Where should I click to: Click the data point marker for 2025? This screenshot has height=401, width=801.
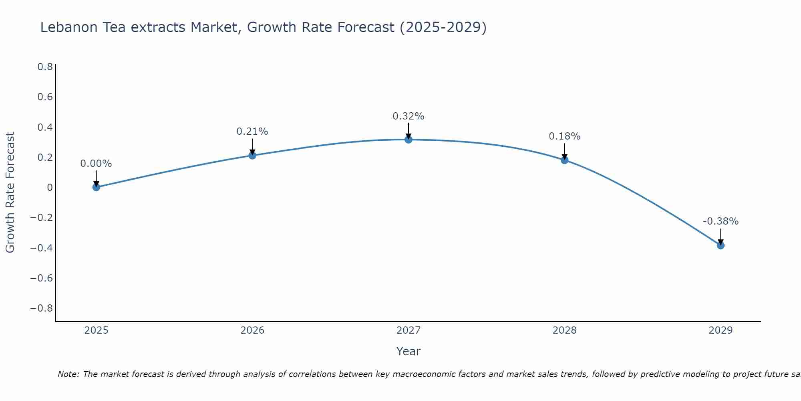[x=96, y=187]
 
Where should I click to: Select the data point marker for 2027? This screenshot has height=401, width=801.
[x=409, y=140]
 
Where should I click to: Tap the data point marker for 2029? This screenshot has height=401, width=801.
[x=720, y=245]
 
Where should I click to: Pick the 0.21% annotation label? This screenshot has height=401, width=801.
[x=252, y=132]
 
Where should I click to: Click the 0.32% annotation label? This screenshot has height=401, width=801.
[x=408, y=116]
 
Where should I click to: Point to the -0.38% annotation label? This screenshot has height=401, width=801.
[x=720, y=221]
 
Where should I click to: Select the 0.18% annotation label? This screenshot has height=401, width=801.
[x=564, y=136]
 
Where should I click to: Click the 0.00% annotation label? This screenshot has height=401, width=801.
[x=96, y=164]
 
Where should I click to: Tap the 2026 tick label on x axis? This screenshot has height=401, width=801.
[x=252, y=330]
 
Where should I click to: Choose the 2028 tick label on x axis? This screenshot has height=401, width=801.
[x=564, y=330]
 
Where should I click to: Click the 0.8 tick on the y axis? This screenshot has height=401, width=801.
[x=45, y=67]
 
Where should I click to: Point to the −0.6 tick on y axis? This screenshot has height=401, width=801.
[x=42, y=278]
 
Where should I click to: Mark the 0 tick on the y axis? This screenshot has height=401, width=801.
[x=50, y=188]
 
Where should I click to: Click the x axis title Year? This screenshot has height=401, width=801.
[x=408, y=351]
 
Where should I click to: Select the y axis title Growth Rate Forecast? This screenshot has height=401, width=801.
[x=10, y=192]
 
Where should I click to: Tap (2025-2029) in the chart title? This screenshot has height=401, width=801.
[x=443, y=27]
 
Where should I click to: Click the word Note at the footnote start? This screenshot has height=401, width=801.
[x=68, y=374]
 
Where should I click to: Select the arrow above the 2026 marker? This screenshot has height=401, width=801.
[x=252, y=146]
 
